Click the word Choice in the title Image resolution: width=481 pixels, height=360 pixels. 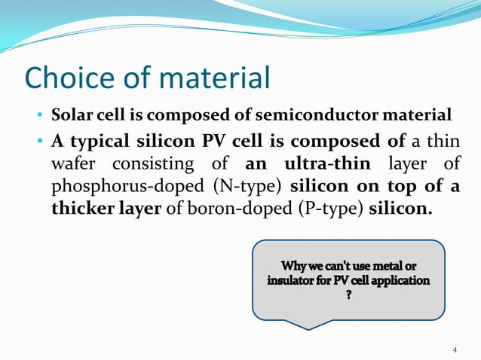pyautogui.click(x=68, y=78)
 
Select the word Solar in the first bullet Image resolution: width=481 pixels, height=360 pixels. pyautogui.click(x=67, y=116)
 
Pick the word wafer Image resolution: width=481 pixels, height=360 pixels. pyautogui.click(x=74, y=164)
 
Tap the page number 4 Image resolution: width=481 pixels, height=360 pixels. pyautogui.click(x=455, y=349)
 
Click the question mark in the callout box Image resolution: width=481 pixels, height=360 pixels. pyautogui.click(x=348, y=295)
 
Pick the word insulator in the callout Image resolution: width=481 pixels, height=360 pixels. pyautogui.click(x=293, y=281)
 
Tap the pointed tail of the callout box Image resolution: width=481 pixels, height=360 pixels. pyautogui.click(x=308, y=326)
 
